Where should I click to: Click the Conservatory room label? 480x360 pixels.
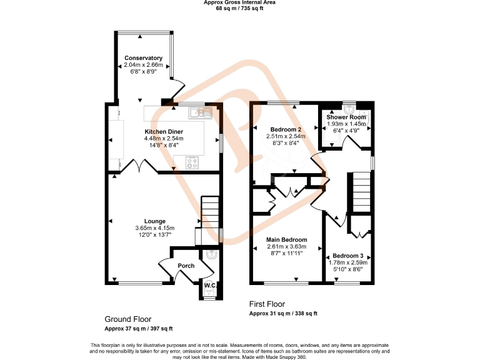point(143,58)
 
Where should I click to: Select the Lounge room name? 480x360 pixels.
point(155,221)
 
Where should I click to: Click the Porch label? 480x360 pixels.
point(186,266)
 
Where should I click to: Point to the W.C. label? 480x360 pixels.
point(211,286)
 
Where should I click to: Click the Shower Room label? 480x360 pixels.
point(346,117)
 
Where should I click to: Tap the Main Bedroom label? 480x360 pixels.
point(286,240)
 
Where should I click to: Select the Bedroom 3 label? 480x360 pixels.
point(348,256)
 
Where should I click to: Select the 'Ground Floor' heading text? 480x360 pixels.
point(127,319)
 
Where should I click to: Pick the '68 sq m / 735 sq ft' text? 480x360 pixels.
point(240,9)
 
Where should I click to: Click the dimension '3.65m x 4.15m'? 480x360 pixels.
point(155,227)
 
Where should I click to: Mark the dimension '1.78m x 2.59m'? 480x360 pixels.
point(348,262)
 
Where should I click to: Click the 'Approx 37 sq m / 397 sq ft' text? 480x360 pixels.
point(138,329)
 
